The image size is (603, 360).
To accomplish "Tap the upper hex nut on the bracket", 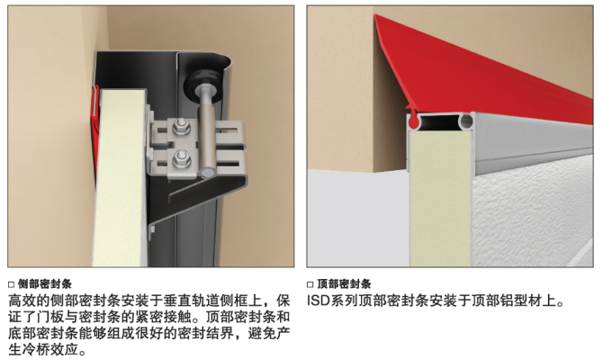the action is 181,126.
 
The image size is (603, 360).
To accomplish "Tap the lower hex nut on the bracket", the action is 181,158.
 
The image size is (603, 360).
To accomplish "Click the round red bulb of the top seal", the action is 413,122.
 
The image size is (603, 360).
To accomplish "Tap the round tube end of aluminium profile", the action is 466,121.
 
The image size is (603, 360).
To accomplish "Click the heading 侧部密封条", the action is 45,284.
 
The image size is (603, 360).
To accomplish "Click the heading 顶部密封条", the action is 344,284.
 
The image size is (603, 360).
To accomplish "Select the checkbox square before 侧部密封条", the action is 11,284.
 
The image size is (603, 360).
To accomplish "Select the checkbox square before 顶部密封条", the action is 310,284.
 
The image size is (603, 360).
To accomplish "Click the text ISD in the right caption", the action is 318,301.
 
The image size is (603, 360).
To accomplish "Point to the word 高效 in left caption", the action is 22,301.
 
